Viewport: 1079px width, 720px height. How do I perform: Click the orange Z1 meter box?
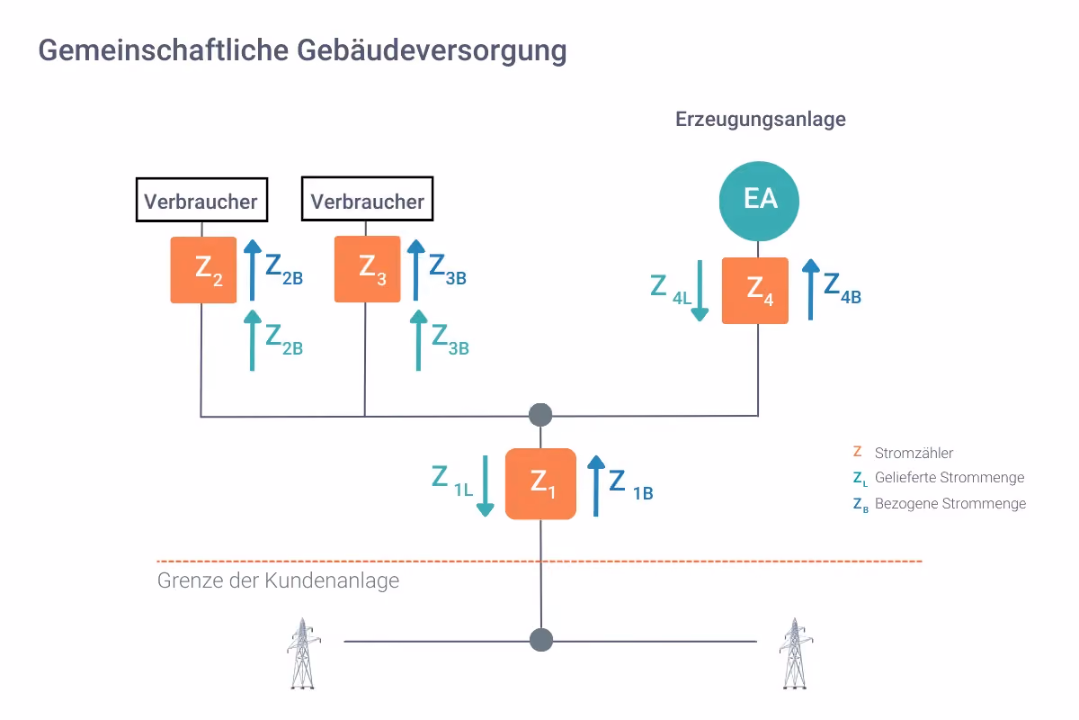pos(540,483)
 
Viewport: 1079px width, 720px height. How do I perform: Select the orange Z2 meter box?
pos(203,270)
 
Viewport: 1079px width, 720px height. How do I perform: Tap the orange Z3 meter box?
pos(367,269)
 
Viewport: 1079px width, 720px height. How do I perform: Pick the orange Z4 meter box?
pos(754,291)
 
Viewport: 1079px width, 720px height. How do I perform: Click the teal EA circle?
pos(759,201)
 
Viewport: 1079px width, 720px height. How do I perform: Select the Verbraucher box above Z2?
pos(201,200)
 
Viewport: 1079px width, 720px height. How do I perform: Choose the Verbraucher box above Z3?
pos(367,199)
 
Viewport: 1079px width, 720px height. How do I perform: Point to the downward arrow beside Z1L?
pos(485,486)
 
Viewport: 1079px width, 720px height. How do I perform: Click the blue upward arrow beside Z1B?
pos(596,486)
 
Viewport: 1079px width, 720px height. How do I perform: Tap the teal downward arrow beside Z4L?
pos(700,291)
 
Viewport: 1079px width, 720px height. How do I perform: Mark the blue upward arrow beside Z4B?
pos(811,290)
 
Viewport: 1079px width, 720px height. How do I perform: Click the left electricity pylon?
pos(304,653)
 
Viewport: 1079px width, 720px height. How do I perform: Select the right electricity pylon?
pos(796,653)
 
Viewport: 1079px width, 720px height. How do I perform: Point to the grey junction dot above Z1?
pos(540,415)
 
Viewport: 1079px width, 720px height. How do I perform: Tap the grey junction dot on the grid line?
pos(541,640)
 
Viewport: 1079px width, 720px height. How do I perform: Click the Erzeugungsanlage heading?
pos(760,119)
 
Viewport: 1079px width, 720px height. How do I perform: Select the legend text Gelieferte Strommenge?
pos(950,477)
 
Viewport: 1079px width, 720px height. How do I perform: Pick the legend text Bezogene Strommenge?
pos(950,503)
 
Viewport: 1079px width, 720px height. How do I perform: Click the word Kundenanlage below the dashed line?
pos(332,580)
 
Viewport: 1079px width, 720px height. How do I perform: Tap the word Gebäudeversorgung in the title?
pos(432,51)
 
